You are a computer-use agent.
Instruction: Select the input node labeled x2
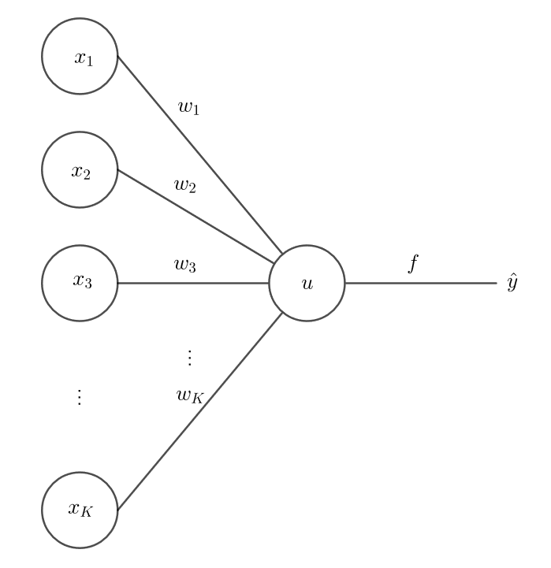coord(80,171)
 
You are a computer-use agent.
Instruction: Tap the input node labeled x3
coord(80,283)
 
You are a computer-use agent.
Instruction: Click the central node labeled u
coord(307,283)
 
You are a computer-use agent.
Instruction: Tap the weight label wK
coord(190,396)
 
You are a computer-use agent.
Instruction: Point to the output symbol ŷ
coord(512,282)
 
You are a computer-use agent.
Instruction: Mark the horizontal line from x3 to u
coord(193,283)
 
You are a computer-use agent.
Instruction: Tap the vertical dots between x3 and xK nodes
coord(79,396)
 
